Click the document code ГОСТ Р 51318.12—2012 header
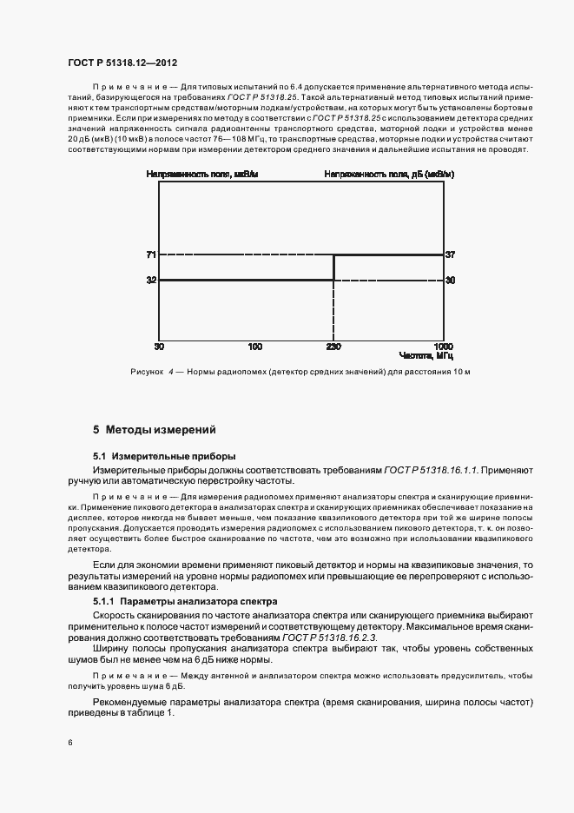point(122,63)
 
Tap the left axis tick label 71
point(151,254)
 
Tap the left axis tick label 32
point(151,281)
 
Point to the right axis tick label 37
point(450,254)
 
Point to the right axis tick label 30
point(450,281)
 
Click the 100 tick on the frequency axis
point(254,347)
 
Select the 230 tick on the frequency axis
point(334,347)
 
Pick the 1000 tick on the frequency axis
point(443,347)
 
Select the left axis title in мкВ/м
point(202,175)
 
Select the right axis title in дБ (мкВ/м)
point(389,175)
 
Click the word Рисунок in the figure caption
point(146,373)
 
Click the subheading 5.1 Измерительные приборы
point(164,456)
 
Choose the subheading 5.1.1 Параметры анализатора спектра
point(185,601)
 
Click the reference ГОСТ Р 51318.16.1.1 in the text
point(428,469)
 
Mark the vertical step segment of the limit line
point(334,268)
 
